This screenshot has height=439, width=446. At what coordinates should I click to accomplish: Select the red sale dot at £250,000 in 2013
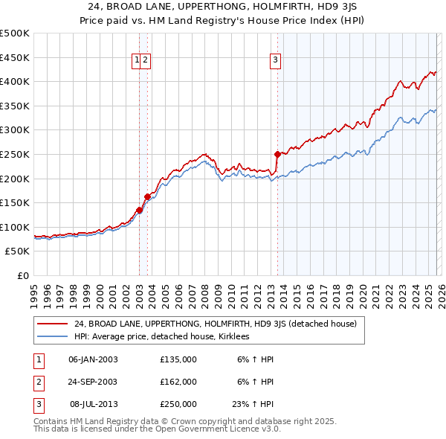pos(277,155)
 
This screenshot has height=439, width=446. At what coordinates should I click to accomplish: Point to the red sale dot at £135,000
pos(139,211)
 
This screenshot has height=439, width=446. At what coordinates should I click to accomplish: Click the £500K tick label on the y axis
pos(15,33)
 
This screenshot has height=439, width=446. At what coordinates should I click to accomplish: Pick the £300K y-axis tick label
pos(15,130)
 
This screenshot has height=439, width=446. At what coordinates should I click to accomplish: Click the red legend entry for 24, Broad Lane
pos(216,324)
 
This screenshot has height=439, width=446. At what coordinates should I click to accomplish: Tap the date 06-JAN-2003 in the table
pos(93,359)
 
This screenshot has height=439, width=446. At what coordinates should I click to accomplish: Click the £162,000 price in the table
pos(178,382)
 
